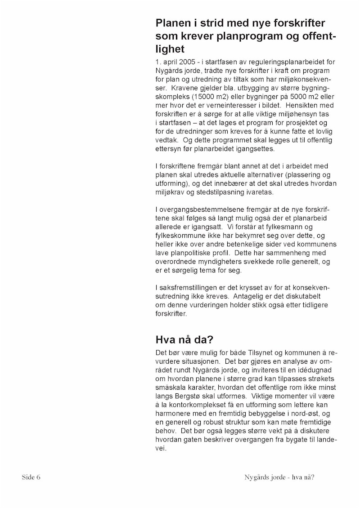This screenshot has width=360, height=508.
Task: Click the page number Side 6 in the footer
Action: pos(31,477)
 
